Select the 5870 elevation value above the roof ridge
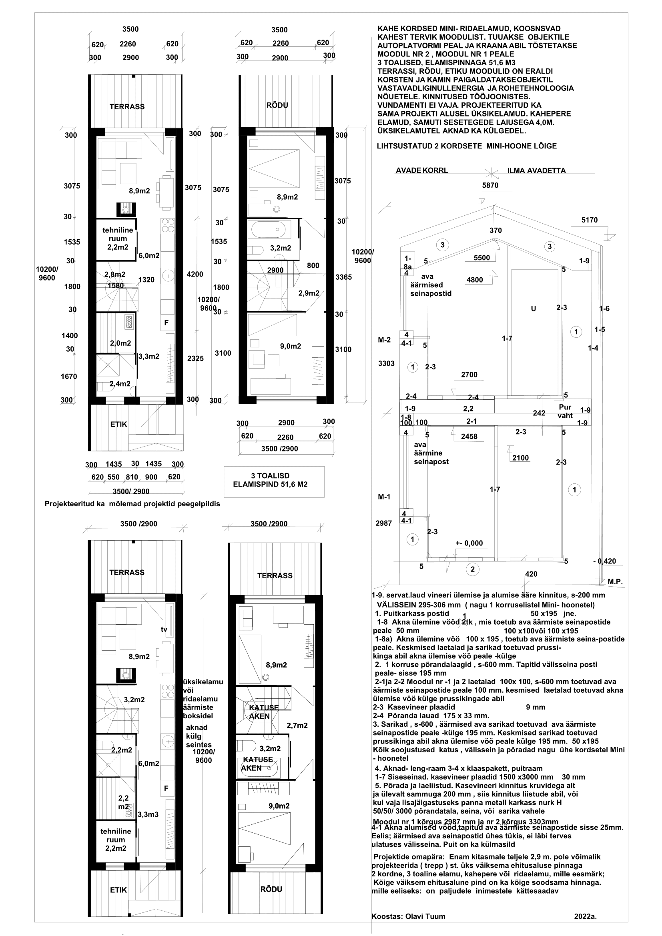tap(490, 185)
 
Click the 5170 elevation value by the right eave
tap(590, 220)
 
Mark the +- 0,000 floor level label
tap(469, 543)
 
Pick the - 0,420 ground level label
tap(604, 561)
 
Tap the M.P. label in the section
tap(615, 582)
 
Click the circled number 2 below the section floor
tap(472, 569)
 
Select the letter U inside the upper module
tap(533, 309)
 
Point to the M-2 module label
tap(384, 340)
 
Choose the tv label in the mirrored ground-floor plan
tap(164, 629)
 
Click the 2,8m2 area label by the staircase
tap(114, 275)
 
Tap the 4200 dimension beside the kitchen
tap(195, 274)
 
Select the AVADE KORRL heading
tap(422, 170)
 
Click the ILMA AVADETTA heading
tap(536, 171)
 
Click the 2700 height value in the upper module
tap(469, 375)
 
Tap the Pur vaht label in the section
tap(565, 411)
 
